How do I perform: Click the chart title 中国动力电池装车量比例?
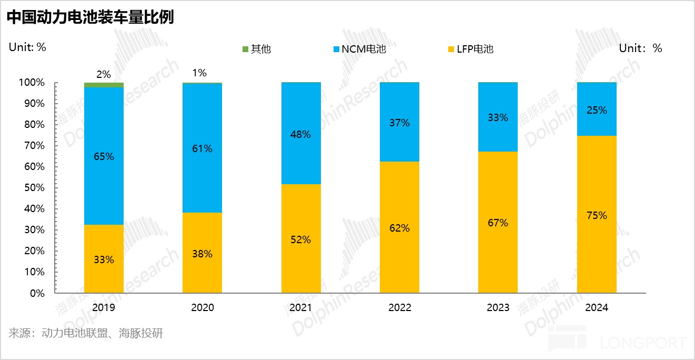point(90,17)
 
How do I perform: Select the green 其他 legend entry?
point(256,49)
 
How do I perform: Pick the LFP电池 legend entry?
point(471,49)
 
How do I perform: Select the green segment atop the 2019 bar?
point(104,85)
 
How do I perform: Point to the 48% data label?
point(301,134)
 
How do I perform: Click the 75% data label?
point(597,215)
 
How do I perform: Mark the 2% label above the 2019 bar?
point(104,75)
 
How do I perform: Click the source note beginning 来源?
point(86,333)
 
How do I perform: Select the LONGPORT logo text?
point(643,343)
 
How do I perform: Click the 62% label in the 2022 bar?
point(399,228)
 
